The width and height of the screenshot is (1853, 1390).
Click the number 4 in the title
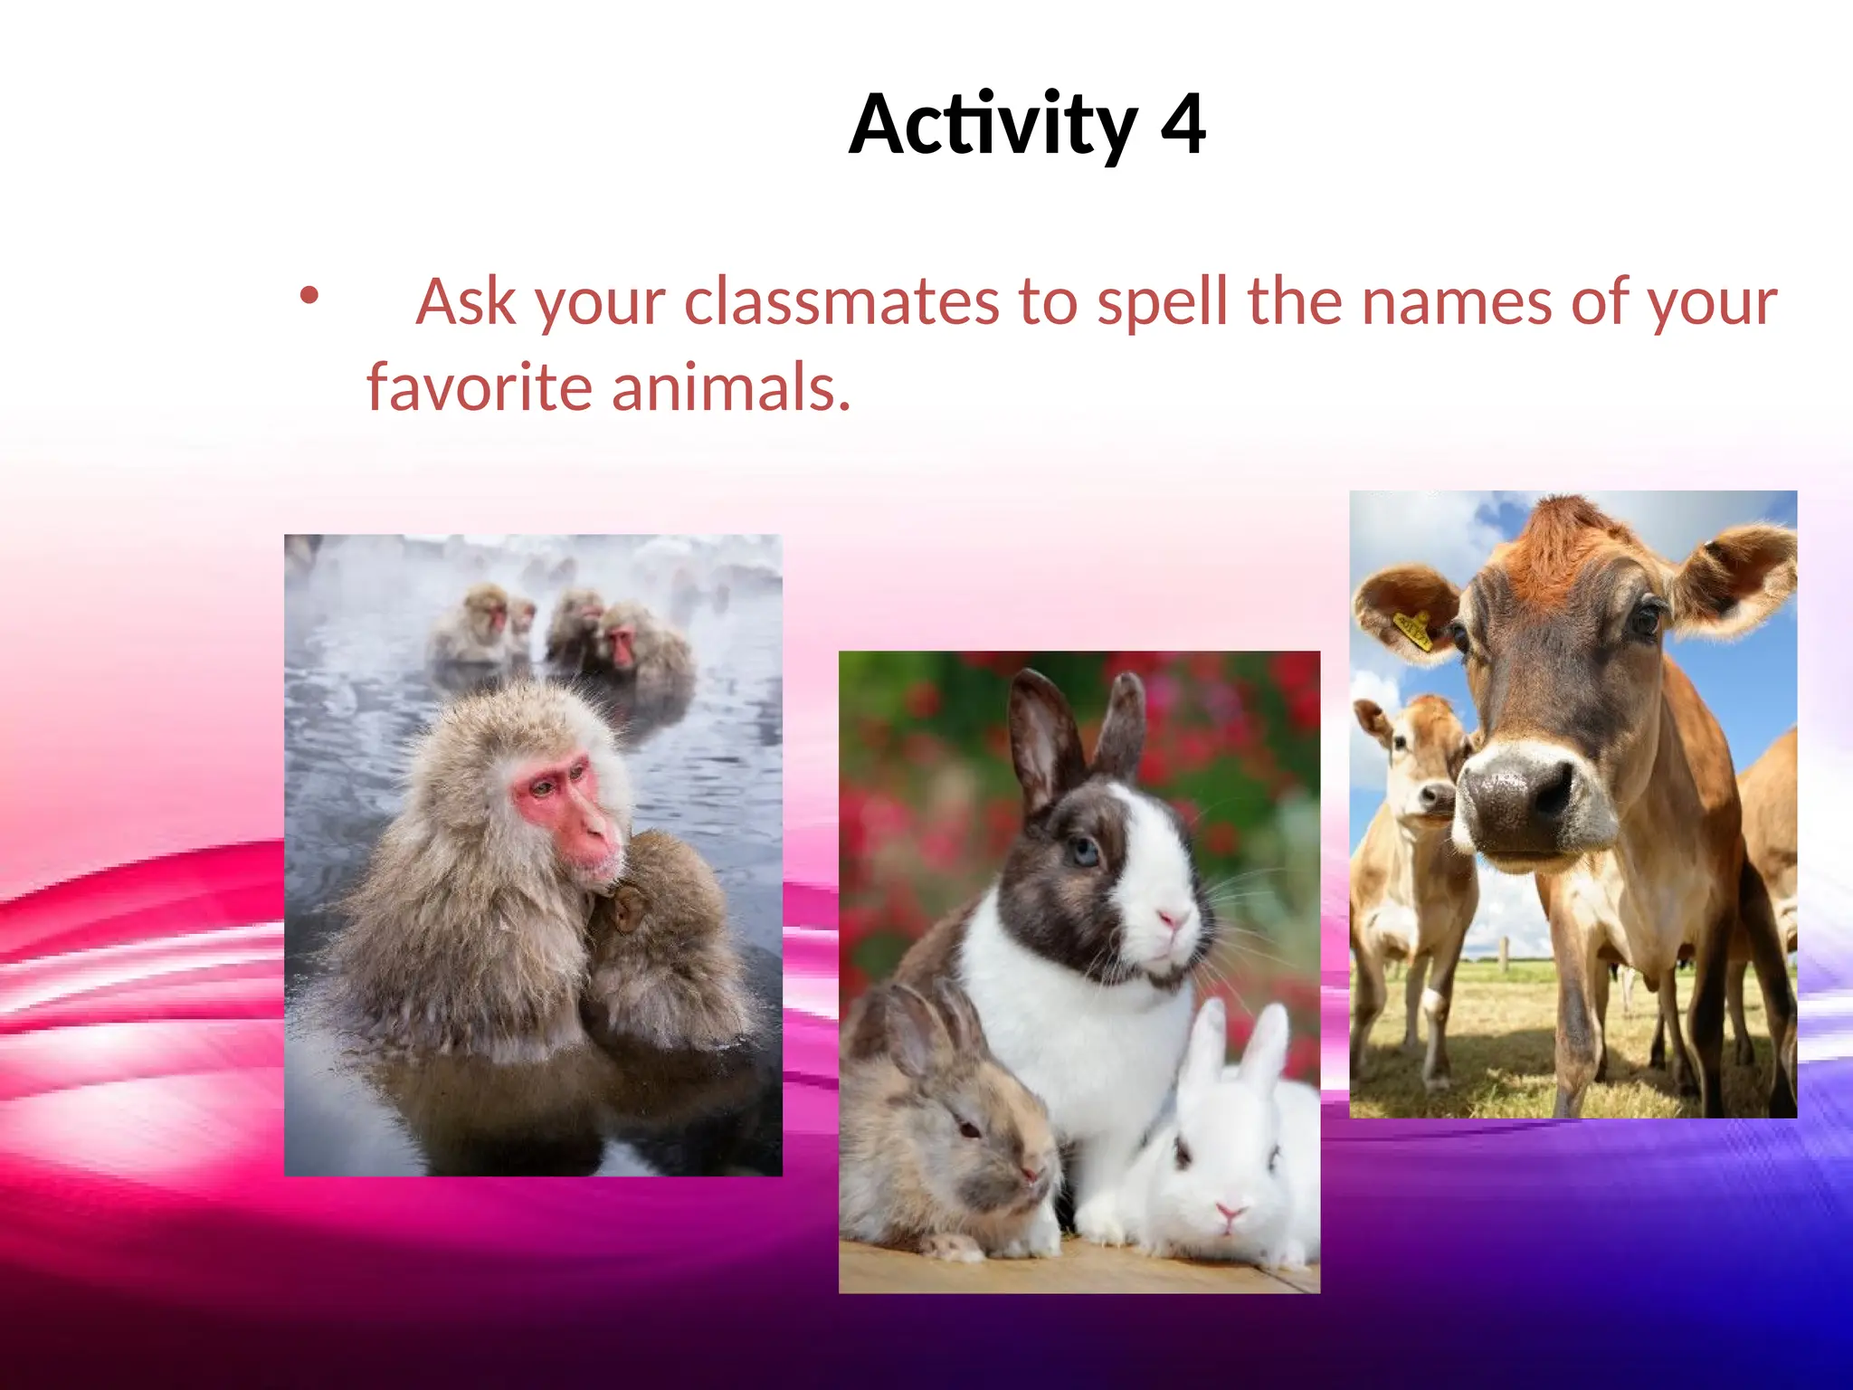pos(1182,125)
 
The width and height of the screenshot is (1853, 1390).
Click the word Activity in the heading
pos(993,125)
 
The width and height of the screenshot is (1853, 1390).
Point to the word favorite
pos(479,387)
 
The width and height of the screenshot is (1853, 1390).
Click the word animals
pos(731,387)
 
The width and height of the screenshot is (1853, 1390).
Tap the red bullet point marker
pos(309,295)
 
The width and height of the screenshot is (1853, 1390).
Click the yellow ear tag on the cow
pos(1413,630)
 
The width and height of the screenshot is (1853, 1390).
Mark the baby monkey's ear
pos(624,909)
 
